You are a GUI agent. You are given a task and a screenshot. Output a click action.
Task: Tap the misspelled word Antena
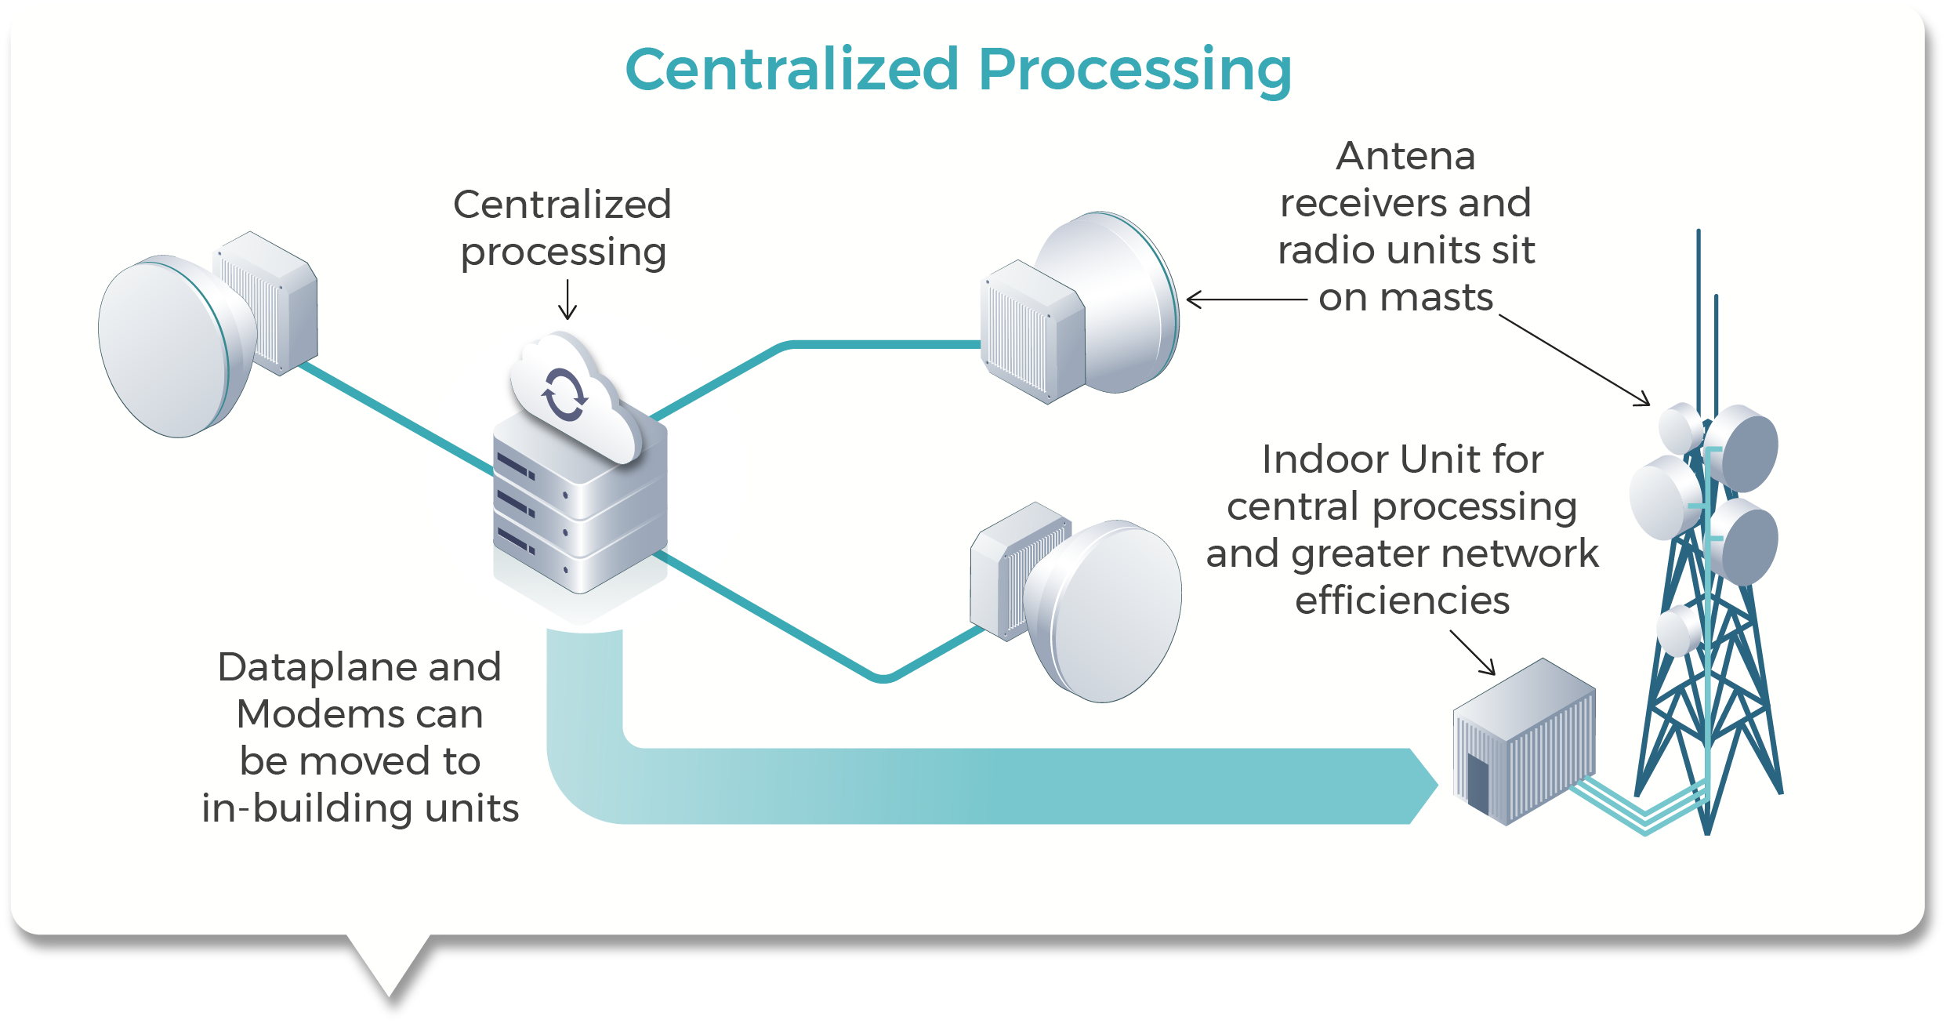point(1405,156)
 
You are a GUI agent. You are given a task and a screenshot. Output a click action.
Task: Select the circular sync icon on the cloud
point(564,394)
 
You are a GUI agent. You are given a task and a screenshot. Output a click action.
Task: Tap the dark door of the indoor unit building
point(1478,785)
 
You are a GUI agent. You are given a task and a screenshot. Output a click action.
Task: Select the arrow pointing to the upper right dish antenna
point(1246,299)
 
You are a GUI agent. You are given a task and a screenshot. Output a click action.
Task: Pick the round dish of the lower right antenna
point(1105,611)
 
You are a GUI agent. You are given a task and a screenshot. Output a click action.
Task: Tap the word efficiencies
point(1402,601)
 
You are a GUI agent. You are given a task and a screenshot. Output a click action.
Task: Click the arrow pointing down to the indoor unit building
point(1473,652)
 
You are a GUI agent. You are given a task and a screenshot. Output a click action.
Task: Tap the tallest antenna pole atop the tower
point(1698,314)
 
